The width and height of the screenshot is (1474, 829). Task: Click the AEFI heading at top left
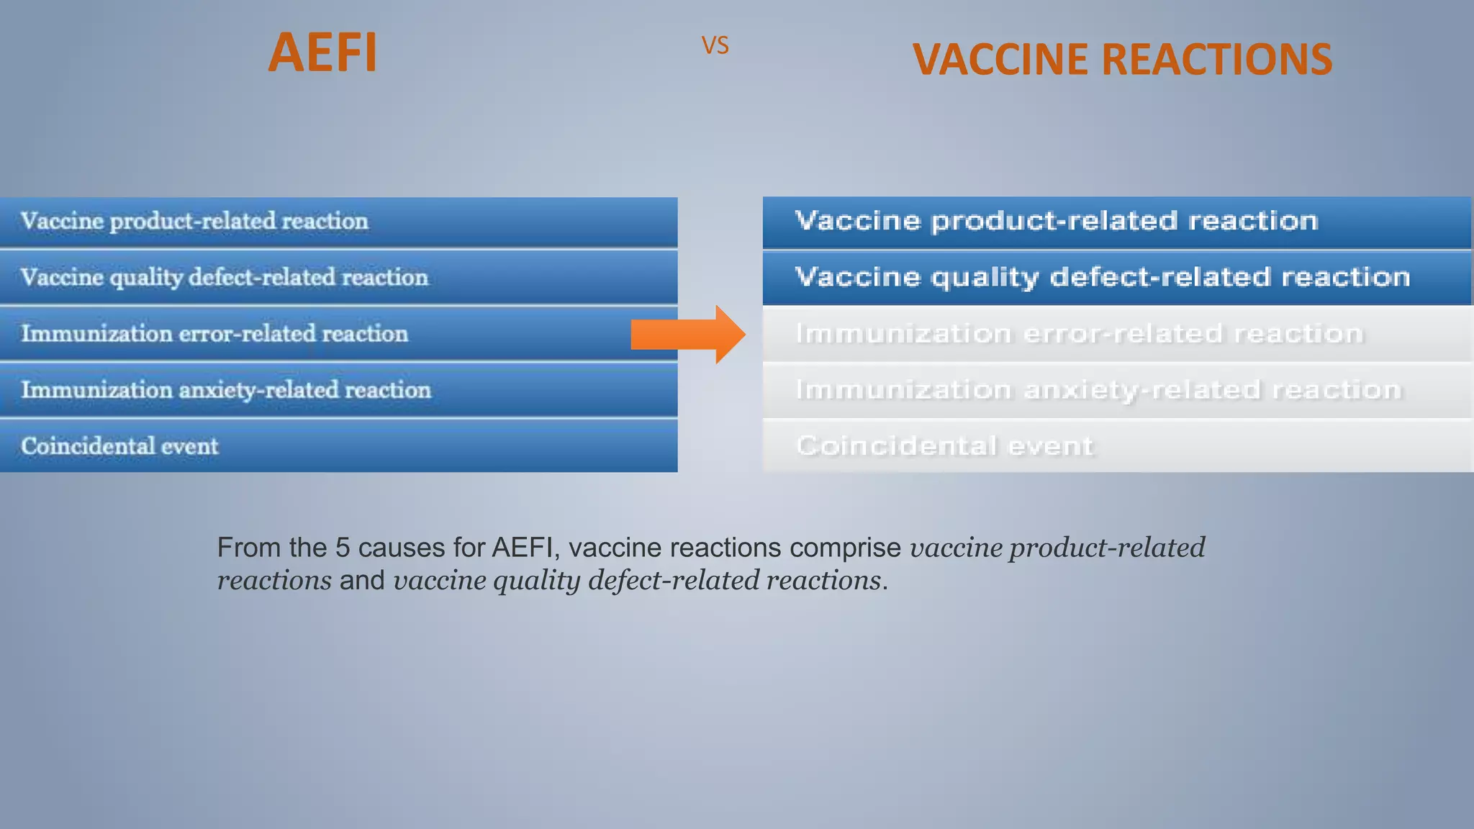point(322,53)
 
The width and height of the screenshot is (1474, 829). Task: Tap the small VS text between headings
point(715,46)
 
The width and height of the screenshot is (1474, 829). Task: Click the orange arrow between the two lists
point(688,334)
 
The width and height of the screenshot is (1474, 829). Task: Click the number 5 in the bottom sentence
point(343,548)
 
